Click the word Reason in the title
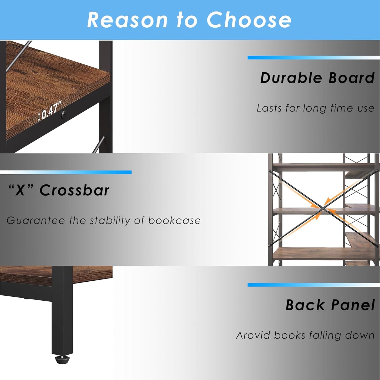point(127,20)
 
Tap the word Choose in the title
point(249,20)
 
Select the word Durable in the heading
point(291,78)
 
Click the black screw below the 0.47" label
point(63,114)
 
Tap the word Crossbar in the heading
point(74,190)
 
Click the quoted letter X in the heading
point(20,190)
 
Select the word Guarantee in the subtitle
point(36,221)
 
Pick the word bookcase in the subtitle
point(174,221)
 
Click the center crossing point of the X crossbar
point(323,208)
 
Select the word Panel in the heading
point(353,305)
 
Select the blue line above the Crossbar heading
point(66,172)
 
